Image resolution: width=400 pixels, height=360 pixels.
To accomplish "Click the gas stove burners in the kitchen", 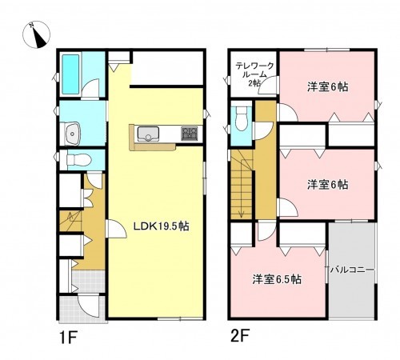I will (190, 133).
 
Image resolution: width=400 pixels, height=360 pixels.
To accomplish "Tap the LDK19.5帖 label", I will (160, 226).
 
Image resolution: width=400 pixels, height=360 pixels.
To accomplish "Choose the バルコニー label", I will (352, 270).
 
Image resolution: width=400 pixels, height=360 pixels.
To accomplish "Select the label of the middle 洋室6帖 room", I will (328, 184).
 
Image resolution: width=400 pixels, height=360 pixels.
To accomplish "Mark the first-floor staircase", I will (73, 219).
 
